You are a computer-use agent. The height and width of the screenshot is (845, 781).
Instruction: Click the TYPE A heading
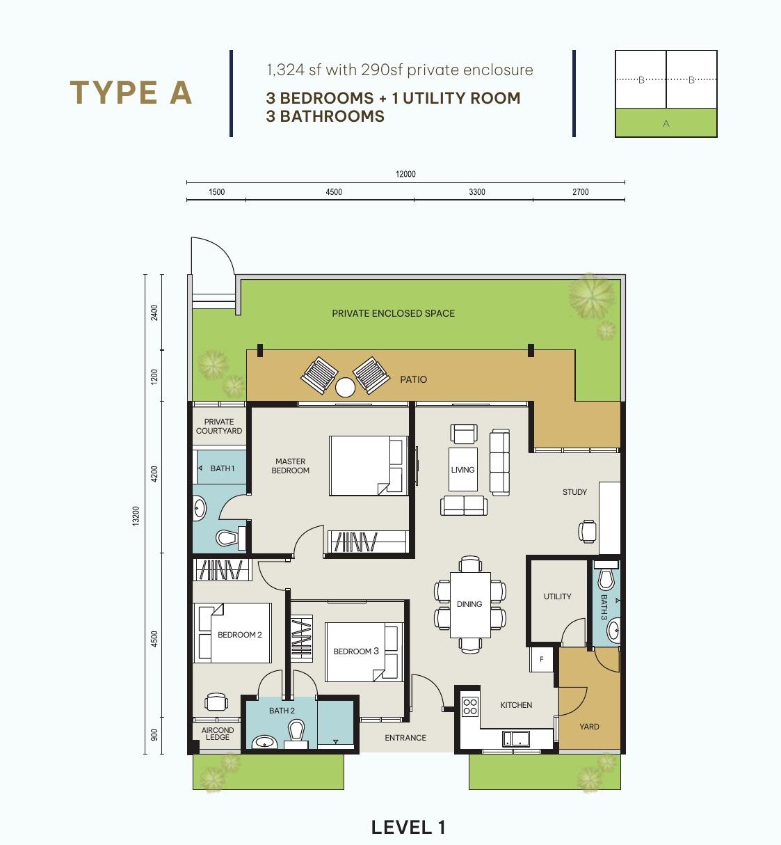pos(131,93)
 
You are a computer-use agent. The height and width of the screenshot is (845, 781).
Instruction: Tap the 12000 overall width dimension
pos(405,174)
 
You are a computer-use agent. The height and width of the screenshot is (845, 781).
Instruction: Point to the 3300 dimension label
pos(476,192)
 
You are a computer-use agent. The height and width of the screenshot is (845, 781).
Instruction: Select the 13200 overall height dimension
pos(136,516)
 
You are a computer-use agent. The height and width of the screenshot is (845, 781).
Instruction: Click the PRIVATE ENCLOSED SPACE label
pos(393,314)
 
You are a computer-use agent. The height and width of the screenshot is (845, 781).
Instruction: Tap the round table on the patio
pos(345,387)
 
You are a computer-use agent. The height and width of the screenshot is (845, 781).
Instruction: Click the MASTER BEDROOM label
pos(291,466)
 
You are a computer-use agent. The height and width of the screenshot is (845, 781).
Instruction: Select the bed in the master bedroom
pos(369,466)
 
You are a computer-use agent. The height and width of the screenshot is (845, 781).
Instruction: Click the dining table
pos(470,605)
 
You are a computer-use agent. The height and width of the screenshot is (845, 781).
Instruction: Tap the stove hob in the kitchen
pos(470,706)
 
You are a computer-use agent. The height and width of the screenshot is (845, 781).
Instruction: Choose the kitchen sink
pos(516,739)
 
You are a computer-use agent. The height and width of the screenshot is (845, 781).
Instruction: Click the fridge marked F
pos(541,659)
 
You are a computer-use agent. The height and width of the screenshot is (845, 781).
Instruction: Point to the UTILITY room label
pos(557,597)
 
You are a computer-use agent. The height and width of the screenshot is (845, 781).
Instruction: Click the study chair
pos(587,531)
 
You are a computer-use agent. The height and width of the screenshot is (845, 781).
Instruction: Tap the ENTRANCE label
pos(405,738)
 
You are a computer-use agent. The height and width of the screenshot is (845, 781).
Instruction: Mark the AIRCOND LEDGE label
pos(218,734)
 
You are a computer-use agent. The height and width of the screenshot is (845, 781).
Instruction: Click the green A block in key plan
pos(666,123)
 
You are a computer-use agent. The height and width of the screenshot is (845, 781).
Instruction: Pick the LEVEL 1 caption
pos(408,827)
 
